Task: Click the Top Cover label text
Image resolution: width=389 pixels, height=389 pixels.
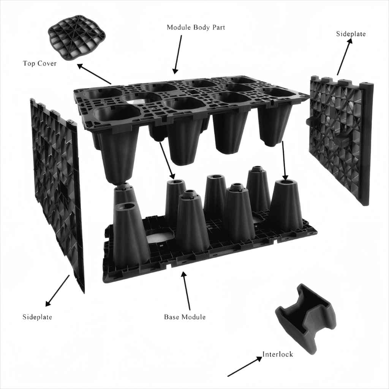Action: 40,63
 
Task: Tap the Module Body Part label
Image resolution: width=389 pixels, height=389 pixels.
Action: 196,28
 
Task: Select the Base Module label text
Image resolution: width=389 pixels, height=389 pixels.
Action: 185,317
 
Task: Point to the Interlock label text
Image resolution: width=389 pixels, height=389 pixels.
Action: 278,354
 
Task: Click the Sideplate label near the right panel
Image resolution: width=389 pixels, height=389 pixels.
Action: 351,34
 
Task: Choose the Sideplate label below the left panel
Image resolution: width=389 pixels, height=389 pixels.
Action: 37,317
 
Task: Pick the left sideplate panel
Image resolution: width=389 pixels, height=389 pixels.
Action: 57,190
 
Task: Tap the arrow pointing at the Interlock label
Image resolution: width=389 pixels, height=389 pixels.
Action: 245,367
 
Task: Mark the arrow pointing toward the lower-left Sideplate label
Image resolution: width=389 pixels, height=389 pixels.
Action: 58,290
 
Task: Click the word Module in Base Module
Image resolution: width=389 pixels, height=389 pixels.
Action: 193,317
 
